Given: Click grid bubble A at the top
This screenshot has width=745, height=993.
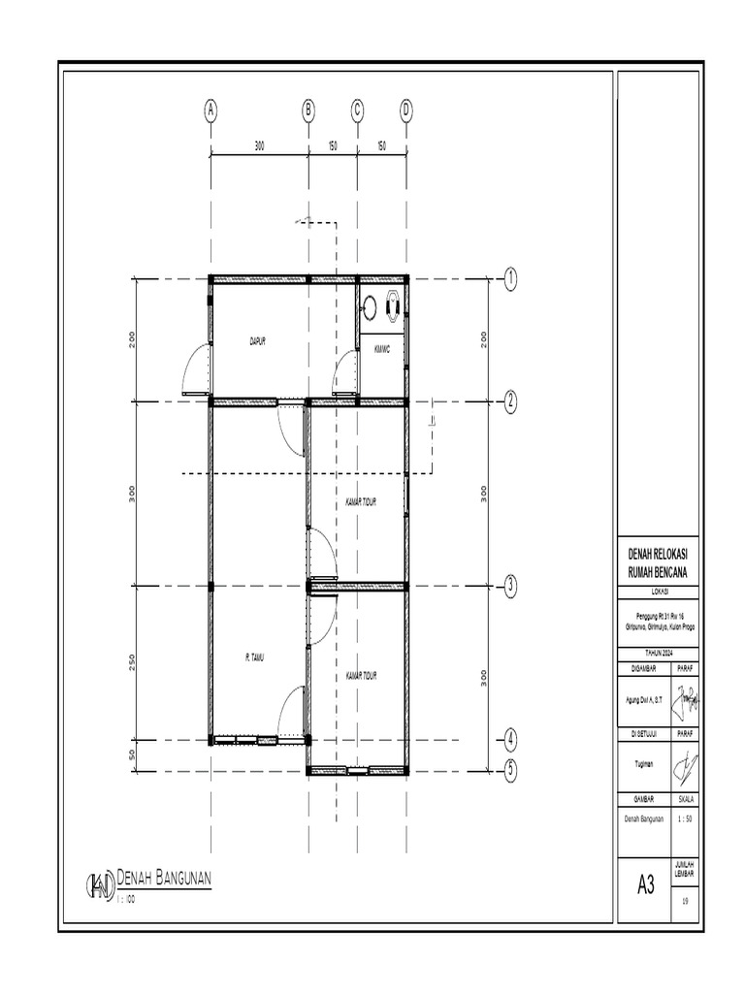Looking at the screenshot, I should click(x=211, y=110).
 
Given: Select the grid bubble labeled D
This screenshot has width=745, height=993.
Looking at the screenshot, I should click(x=406, y=110).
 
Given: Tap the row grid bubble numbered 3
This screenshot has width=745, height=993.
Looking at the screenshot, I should click(x=510, y=586).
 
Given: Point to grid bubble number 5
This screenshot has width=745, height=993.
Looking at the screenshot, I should click(x=510, y=770).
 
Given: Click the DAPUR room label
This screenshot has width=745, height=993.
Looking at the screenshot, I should click(x=257, y=341).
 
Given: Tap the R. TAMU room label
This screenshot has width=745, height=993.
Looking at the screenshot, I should click(x=254, y=657).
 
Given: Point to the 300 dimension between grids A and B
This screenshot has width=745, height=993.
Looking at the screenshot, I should click(x=259, y=146).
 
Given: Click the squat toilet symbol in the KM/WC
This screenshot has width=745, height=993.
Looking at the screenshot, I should click(x=393, y=305).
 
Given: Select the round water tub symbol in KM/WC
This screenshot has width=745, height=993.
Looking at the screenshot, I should click(x=370, y=308).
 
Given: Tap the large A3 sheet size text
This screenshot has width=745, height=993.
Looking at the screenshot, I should click(x=646, y=883).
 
